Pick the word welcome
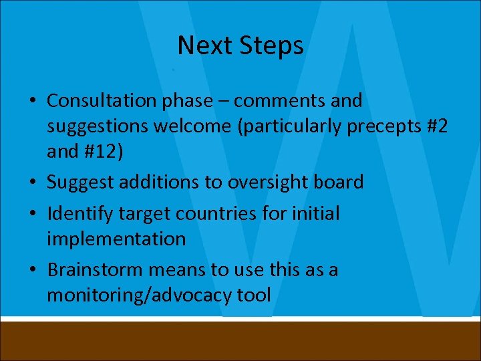[x=194, y=126]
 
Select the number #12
[x=103, y=151]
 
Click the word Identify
[x=79, y=214]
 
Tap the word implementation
[x=116, y=239]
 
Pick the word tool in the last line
[x=256, y=295]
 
